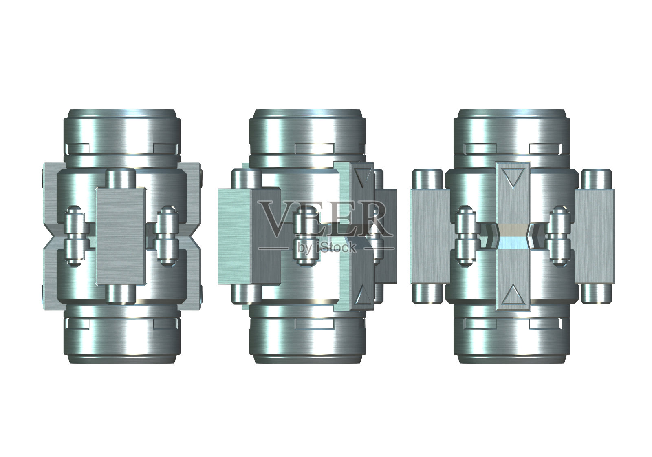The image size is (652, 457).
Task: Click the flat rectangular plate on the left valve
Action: tap(121, 236)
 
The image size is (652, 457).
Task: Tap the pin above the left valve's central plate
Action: tap(121, 178)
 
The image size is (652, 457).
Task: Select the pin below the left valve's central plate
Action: tap(121, 294)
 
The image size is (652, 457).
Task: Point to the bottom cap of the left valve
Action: tap(122, 335)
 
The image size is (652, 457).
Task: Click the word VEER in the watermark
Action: tap(325, 218)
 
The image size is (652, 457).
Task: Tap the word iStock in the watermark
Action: tap(335, 248)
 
